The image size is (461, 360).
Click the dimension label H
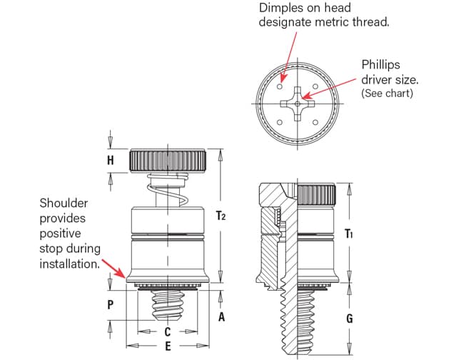pyautogui.click(x=110, y=161)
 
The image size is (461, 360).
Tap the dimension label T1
pyautogui.click(x=349, y=234)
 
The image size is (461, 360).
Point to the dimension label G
pyautogui.click(x=349, y=319)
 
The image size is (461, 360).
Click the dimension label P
pyautogui.click(x=110, y=304)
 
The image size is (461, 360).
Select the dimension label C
pyautogui.click(x=168, y=332)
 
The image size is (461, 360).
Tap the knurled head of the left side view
pyautogui.click(x=168, y=161)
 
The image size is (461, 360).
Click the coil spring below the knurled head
pyautogui.click(x=168, y=190)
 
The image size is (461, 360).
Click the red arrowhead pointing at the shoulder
pyautogui.click(x=126, y=275)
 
